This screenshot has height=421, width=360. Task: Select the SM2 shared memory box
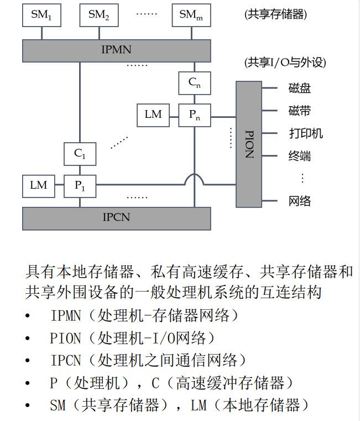tap(98, 15)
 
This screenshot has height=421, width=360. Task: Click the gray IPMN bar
tap(117, 50)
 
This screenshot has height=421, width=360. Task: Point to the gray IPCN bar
tap(117, 217)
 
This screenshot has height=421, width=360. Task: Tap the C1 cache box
tap(80, 154)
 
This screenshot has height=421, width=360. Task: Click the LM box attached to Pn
tap(153, 115)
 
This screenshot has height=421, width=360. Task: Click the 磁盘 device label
tap(300, 88)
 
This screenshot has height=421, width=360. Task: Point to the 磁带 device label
tap(300, 111)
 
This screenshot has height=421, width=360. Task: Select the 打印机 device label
tap(305, 133)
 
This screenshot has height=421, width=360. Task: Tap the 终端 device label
tap(300, 156)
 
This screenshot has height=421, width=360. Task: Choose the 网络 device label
tap(300, 201)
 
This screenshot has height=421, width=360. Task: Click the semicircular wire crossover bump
tap(195, 180)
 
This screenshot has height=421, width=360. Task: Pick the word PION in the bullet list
tap(65, 338)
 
